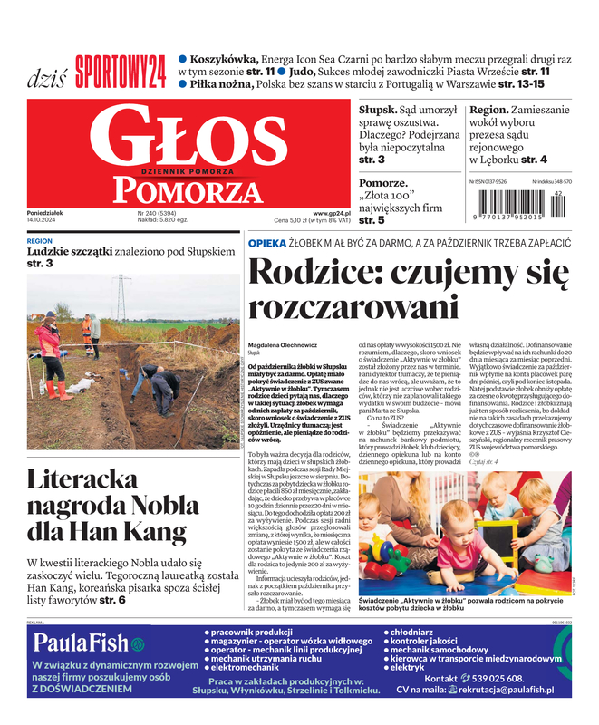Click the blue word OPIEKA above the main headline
tap(267, 244)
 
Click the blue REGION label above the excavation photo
tap(40, 241)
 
